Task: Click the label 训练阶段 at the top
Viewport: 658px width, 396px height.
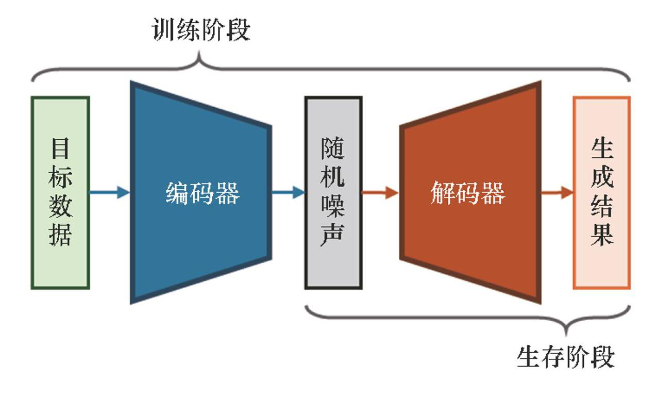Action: click(x=201, y=30)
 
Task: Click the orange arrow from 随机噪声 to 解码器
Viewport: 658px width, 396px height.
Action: click(x=380, y=193)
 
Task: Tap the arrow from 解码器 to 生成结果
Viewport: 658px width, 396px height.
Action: click(x=557, y=193)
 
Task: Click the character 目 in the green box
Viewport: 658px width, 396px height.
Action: click(x=61, y=149)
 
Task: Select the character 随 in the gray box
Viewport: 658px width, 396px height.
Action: click(x=333, y=149)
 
